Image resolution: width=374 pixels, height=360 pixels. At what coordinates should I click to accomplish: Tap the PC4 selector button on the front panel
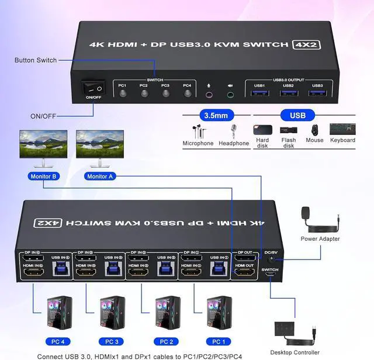pos(188,94)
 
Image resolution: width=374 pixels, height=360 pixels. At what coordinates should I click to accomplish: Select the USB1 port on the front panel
pos(259,94)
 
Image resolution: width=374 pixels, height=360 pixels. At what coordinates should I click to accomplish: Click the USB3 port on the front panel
pos(317,94)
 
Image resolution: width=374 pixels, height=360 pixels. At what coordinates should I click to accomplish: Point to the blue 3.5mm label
pos(214,115)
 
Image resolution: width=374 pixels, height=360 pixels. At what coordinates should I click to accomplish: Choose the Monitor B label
pos(41,176)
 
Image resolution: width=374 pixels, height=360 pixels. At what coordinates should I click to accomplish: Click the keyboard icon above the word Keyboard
pos(342,129)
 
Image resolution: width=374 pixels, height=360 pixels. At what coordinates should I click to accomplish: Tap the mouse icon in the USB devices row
pos(314,129)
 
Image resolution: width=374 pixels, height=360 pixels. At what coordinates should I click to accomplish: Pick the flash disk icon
pos(288,130)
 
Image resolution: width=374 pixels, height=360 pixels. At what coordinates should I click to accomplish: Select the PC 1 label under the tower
pos(217,341)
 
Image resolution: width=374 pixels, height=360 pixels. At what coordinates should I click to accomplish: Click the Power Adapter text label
pos(320,238)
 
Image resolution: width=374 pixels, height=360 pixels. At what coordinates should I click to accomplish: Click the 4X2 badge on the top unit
pos(306,44)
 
